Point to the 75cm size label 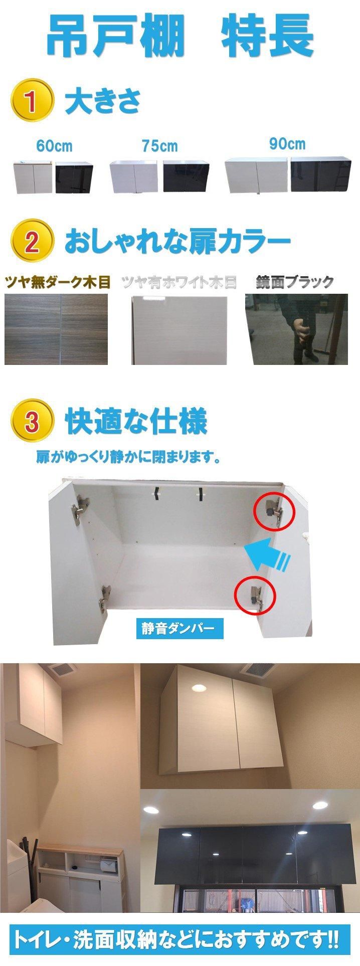click(x=159, y=146)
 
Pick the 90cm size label click(x=287, y=144)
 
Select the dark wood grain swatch click(x=56, y=329)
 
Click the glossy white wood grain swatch click(x=179, y=330)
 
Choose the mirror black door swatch click(x=296, y=329)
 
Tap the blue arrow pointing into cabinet click(x=268, y=554)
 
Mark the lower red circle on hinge click(x=255, y=595)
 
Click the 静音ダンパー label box click(x=178, y=627)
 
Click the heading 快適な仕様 click(x=136, y=423)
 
